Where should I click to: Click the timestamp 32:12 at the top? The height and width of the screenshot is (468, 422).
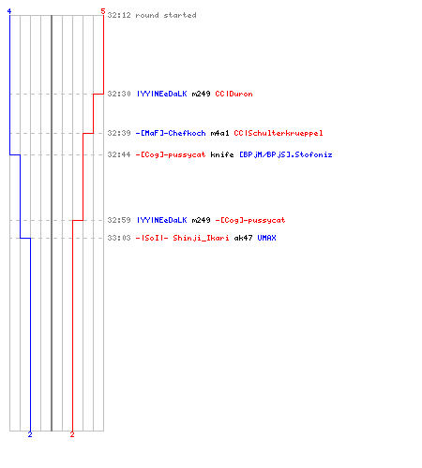pyautogui.click(x=119, y=15)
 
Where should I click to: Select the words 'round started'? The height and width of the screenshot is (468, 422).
pyautogui.click(x=166, y=15)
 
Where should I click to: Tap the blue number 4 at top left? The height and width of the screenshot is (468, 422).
pyautogui.click(x=9, y=11)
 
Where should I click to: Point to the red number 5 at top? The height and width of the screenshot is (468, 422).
pyautogui.click(x=103, y=11)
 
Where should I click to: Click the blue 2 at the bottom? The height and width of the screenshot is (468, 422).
pyautogui.click(x=30, y=434)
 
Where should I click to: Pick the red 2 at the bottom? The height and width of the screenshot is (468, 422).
pyautogui.click(x=72, y=434)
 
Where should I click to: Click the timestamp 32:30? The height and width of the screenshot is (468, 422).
pyautogui.click(x=119, y=94)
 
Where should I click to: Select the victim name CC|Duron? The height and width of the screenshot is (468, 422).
pyautogui.click(x=234, y=94)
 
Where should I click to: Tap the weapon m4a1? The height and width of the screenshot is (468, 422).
pyautogui.click(x=219, y=133)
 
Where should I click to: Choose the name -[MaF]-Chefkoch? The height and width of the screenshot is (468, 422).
pyautogui.click(x=171, y=133)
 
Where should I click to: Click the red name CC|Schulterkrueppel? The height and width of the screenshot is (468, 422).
pyautogui.click(x=279, y=133)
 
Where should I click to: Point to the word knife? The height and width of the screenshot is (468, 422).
pyautogui.click(x=222, y=154)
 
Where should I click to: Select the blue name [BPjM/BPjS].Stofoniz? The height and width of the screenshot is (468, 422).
pyautogui.click(x=286, y=154)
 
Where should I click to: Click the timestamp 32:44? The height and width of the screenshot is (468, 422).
pyautogui.click(x=119, y=154)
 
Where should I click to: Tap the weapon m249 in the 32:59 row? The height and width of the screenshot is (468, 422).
pyautogui.click(x=201, y=220)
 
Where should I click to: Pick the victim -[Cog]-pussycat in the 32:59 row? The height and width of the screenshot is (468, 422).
pyautogui.click(x=250, y=220)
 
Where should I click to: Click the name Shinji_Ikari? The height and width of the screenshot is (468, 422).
pyautogui.click(x=201, y=238)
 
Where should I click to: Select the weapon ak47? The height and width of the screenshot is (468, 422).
pyautogui.click(x=243, y=238)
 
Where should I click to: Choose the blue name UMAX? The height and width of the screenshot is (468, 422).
pyautogui.click(x=266, y=238)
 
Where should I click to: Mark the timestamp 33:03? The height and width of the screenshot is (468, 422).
pyautogui.click(x=119, y=238)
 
